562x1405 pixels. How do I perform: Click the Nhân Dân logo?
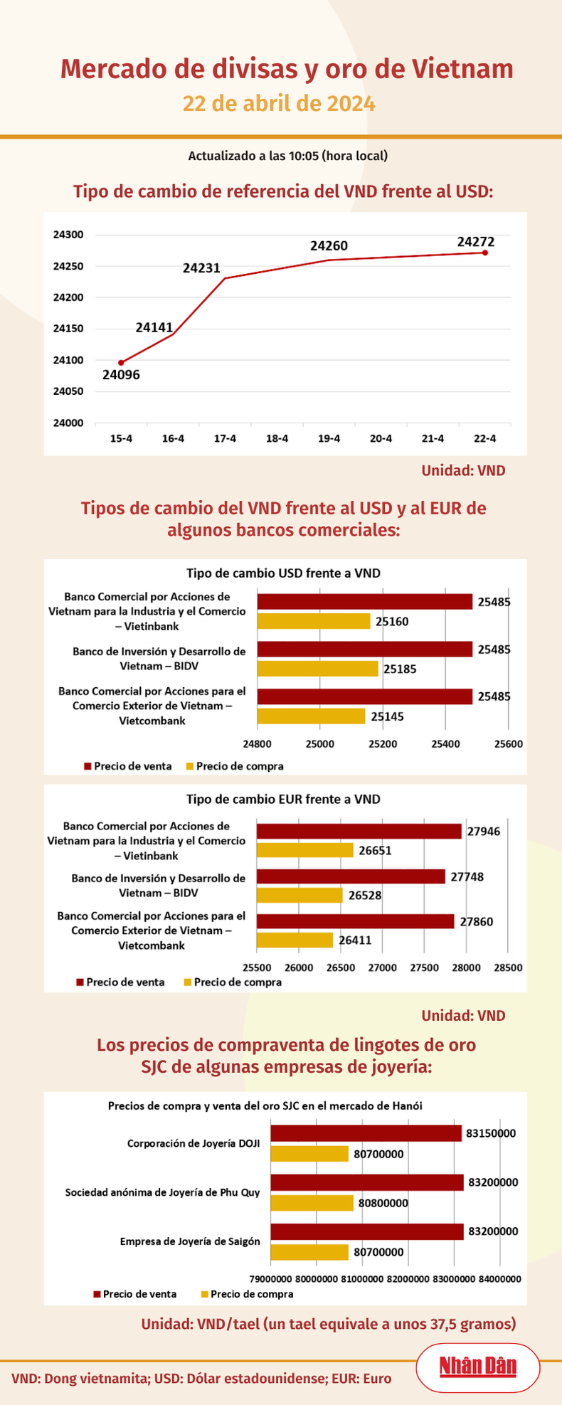point(477,1366)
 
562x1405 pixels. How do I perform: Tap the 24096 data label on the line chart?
point(121,375)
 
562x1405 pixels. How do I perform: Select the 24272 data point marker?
point(484,253)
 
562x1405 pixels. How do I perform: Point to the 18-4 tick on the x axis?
point(277,439)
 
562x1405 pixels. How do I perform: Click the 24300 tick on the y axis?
point(68,235)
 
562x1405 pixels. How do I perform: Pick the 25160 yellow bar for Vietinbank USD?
point(314,621)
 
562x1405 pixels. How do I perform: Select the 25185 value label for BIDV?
point(400,669)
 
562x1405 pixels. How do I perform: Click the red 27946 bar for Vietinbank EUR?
point(359,831)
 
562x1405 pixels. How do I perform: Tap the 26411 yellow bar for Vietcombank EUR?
point(295,940)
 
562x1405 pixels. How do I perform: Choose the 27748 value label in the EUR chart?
point(467,876)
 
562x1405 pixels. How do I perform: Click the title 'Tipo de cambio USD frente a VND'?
point(283,573)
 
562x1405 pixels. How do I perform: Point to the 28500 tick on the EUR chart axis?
point(508,967)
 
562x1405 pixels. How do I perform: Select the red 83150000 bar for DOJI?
point(366,1133)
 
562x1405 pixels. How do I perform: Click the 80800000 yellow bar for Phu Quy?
point(312,1203)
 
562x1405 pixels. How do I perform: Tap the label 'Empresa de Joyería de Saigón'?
point(190,1241)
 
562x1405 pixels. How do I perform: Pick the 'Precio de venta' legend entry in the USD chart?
point(132,766)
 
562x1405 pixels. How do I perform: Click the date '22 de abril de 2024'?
point(280,104)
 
